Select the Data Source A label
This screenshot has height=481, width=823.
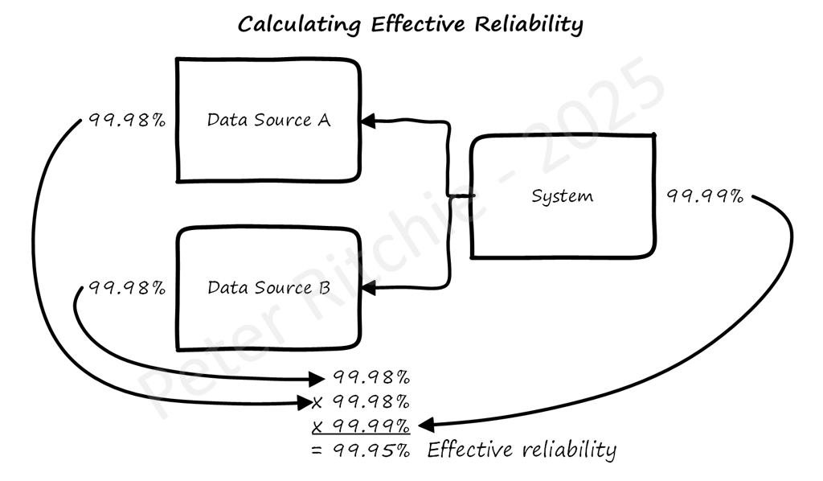[268, 121]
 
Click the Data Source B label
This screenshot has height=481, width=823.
[268, 287]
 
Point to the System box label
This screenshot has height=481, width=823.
[563, 195]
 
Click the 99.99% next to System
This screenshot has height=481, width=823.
[705, 195]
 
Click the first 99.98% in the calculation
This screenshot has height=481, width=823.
[371, 376]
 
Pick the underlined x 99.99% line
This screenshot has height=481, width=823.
[361, 424]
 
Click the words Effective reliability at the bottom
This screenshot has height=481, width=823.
[521, 449]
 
